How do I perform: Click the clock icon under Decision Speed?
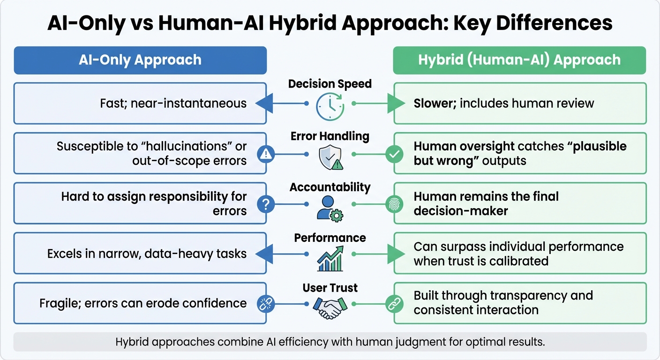tap(330, 106)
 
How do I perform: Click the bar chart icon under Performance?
tap(330, 259)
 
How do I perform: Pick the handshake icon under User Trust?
tap(330, 307)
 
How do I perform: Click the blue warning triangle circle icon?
tap(266, 154)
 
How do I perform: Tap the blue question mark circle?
tap(266, 204)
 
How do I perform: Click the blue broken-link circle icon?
tap(266, 304)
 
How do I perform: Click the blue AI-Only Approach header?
tap(140, 60)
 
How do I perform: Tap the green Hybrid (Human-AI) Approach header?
tap(519, 60)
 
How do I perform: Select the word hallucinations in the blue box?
tap(188, 147)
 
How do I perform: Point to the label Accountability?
tap(330, 187)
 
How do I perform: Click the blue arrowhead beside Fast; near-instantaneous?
tap(263, 103)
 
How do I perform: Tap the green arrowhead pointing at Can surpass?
tap(396, 254)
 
